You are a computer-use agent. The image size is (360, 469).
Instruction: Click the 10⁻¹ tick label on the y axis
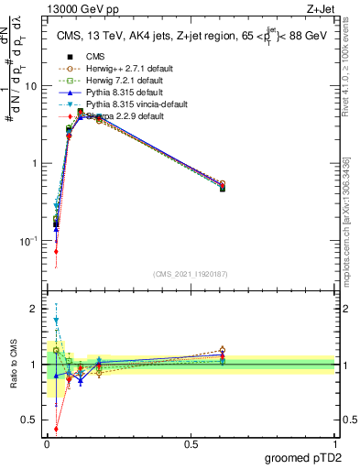(x=28, y=241)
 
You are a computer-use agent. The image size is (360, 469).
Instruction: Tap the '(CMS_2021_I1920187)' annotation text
(x=191, y=274)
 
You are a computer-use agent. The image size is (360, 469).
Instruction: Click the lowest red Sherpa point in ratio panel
(x=56, y=428)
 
